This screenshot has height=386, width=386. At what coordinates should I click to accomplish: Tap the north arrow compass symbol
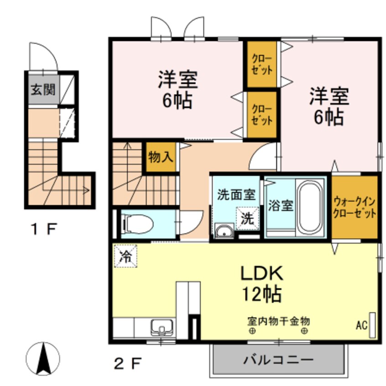tap(43, 358)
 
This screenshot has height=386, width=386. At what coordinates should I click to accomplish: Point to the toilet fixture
tap(139, 223)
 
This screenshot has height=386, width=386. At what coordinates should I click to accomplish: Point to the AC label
tap(361, 326)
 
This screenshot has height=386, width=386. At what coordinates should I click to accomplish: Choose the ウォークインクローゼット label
tap(355, 207)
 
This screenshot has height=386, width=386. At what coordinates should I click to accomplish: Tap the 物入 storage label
tap(161, 157)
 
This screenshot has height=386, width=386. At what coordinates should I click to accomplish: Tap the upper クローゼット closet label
tap(262, 65)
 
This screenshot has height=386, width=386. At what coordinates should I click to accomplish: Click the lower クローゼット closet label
tap(262, 115)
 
